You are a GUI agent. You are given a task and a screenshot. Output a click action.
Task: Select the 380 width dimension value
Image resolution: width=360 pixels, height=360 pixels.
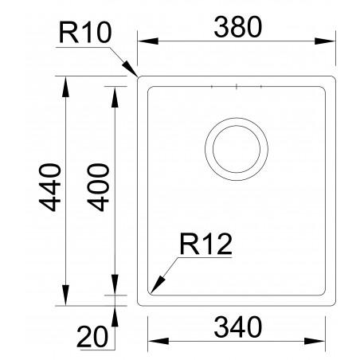tap(237, 28)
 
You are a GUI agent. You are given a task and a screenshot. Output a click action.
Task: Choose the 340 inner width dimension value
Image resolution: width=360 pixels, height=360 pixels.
tap(237, 327)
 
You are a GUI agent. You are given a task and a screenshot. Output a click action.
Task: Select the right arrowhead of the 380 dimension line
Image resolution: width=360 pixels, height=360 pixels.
tap(334, 42)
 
